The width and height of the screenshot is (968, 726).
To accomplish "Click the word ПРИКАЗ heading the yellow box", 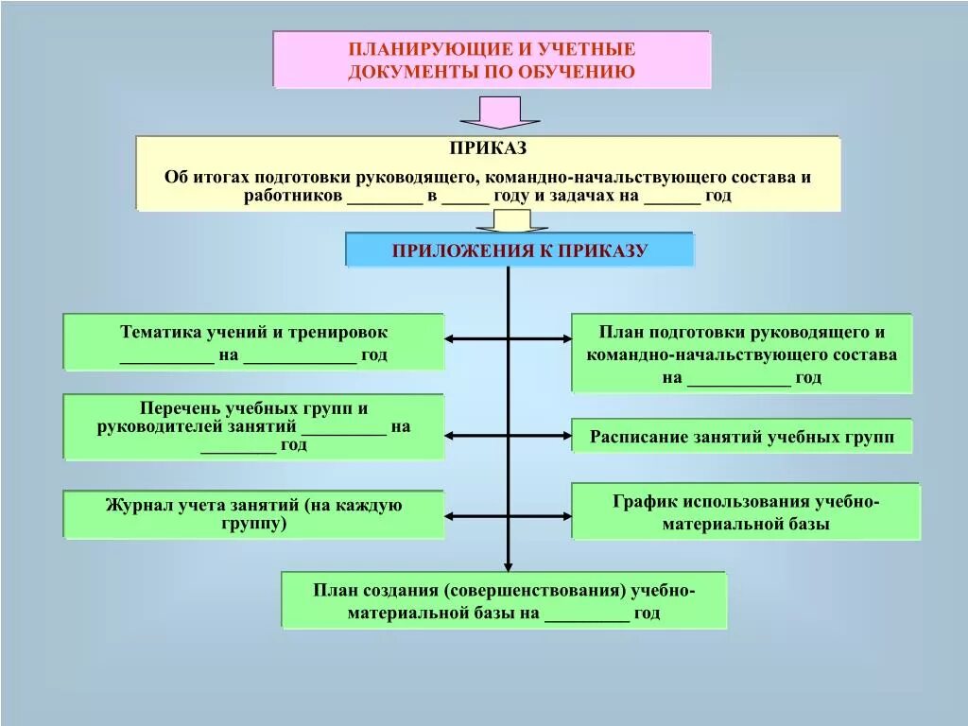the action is (488, 149).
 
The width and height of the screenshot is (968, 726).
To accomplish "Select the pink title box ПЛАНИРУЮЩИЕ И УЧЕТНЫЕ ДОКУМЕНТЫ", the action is (492, 60).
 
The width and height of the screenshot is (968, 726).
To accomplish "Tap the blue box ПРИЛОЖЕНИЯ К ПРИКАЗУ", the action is (519, 251).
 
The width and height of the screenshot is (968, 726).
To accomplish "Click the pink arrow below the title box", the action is (499, 112).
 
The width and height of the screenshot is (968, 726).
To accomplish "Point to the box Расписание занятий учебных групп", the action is (742, 437).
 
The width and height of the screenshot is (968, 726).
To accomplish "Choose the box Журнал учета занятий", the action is (253, 514).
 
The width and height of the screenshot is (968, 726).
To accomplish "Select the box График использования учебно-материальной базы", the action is (745, 511).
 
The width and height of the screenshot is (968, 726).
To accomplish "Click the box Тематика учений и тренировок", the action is (253, 342).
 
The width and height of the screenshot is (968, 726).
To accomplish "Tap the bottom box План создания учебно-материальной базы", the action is (504, 600).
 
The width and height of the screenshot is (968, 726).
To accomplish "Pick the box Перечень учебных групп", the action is (253, 426).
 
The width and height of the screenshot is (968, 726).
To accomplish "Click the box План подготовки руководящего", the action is (742, 354).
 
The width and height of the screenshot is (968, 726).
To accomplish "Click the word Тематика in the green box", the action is (161, 333).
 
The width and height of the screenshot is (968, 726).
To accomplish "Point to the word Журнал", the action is (141, 505).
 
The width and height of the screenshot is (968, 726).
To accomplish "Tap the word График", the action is (644, 501).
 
